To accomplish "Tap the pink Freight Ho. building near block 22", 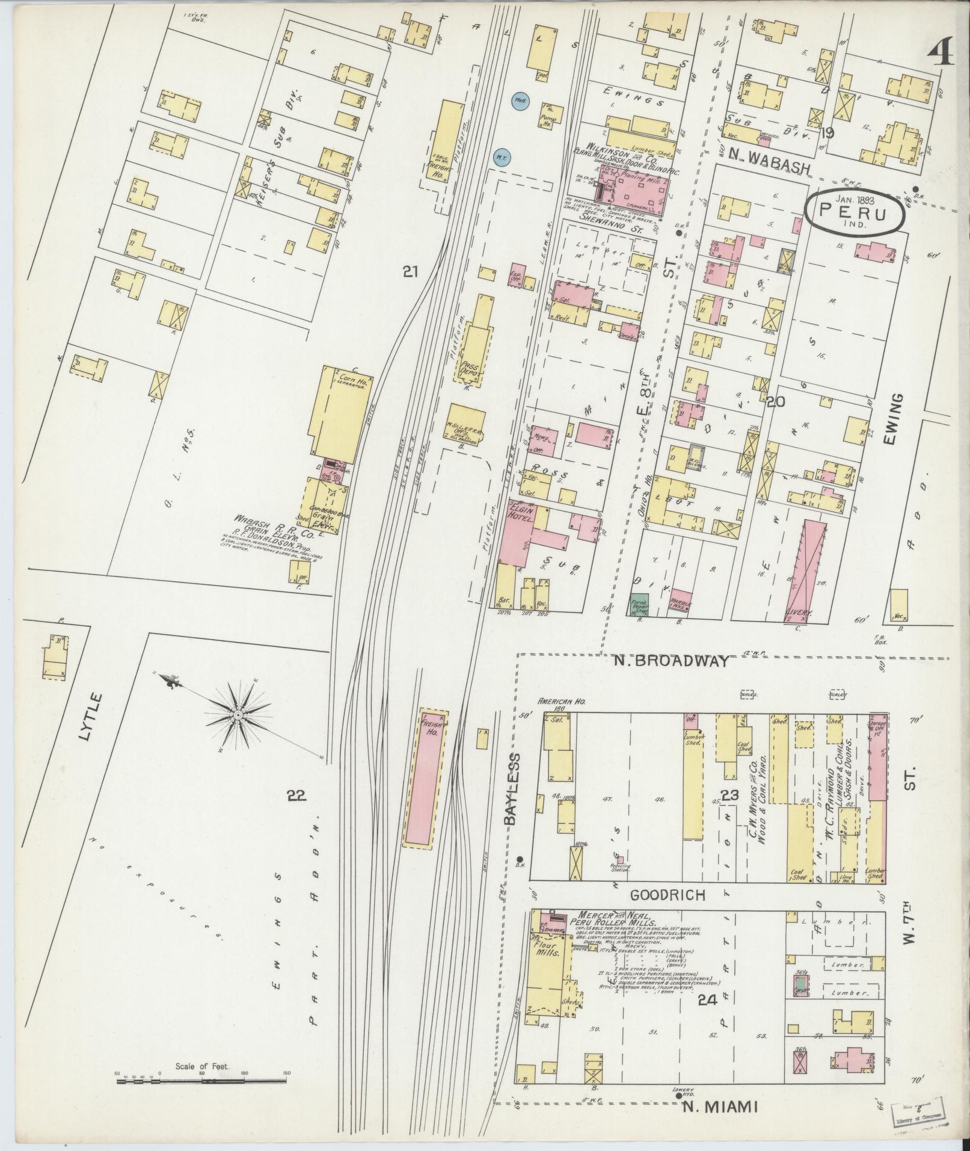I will pyautogui.click(x=425, y=778).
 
